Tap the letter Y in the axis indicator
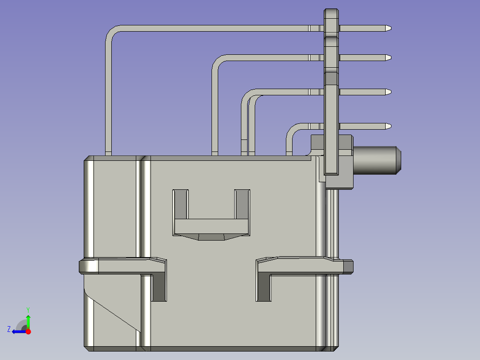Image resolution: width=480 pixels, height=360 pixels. pyautogui.click(x=28, y=309)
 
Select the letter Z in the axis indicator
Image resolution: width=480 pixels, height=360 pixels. pyautogui.click(x=9, y=329)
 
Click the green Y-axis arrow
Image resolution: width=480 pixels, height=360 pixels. pyautogui.click(x=28, y=321)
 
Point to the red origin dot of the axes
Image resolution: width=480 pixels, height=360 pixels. pyautogui.click(x=28, y=331)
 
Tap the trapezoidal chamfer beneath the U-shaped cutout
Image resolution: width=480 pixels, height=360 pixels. pyautogui.click(x=211, y=237)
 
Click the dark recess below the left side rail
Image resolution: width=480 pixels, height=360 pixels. pyautogui.click(x=159, y=287)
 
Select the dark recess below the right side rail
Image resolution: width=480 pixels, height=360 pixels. pyautogui.click(x=263, y=287)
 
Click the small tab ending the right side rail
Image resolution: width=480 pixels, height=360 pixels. pyautogui.click(x=348, y=266)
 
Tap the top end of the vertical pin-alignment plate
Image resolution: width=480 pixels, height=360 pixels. pyautogui.click(x=331, y=13)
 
